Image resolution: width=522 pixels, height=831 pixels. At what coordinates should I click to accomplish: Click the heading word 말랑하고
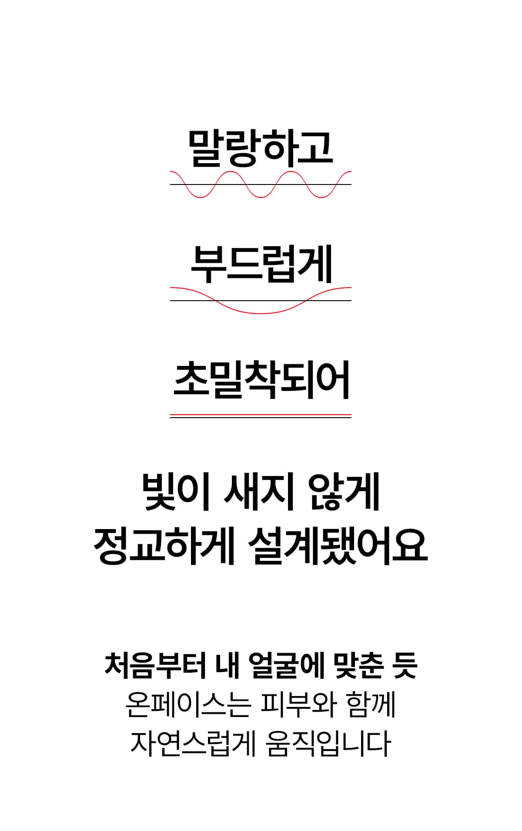click(x=261, y=148)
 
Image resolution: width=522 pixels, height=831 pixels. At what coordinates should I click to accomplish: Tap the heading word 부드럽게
click(x=261, y=264)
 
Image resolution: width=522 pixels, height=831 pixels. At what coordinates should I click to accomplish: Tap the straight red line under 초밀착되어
click(x=261, y=415)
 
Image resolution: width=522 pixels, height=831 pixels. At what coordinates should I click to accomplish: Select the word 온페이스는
click(x=188, y=704)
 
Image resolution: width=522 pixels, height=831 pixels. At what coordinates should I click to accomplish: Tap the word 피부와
click(x=298, y=704)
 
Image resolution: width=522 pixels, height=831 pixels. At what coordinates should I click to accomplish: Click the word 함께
click(x=371, y=704)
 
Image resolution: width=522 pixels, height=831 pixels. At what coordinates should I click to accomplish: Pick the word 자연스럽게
click(x=193, y=743)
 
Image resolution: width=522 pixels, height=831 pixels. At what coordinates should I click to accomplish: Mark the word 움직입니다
click(x=328, y=743)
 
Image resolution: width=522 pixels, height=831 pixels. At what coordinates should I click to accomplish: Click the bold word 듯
click(x=405, y=666)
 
